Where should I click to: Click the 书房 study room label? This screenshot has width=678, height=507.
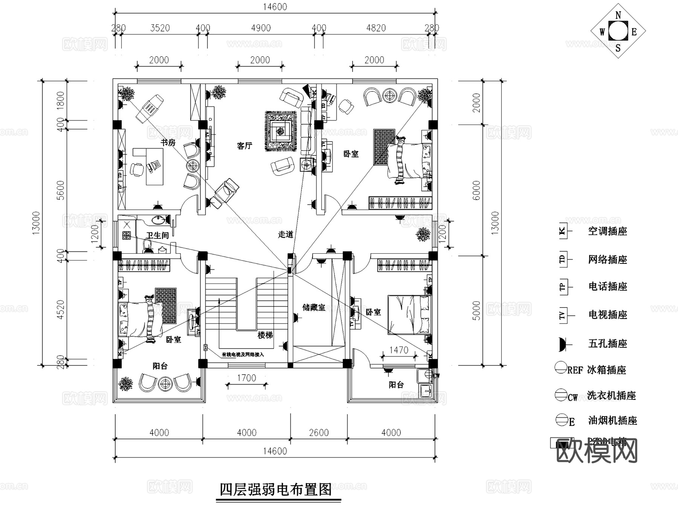[x=168, y=143]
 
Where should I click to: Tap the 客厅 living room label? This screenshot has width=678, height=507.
[x=244, y=146]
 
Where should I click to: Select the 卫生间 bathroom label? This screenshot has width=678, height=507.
[x=157, y=236]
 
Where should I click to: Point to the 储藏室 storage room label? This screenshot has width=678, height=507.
[x=314, y=308]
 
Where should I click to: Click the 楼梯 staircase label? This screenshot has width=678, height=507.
[x=265, y=335]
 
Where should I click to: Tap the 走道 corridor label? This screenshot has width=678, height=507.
[x=286, y=234]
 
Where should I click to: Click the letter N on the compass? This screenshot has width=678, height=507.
[x=618, y=15]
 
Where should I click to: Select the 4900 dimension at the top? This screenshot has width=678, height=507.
[x=261, y=28]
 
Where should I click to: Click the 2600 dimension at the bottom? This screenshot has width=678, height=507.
[x=319, y=433]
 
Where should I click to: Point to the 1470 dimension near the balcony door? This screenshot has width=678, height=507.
[x=399, y=350]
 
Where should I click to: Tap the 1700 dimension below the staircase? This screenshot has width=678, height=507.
[x=246, y=378]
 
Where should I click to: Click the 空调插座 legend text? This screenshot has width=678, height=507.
[x=608, y=231]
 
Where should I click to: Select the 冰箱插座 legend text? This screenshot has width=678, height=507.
[x=606, y=370]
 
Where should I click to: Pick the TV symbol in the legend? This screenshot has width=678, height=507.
[x=563, y=315]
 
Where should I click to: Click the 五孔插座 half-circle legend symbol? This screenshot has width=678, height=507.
[x=562, y=344]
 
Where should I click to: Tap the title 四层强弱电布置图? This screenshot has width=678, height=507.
[x=276, y=490]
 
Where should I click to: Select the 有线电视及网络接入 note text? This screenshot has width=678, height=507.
[x=243, y=355]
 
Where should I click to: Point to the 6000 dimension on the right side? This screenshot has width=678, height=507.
[x=476, y=190]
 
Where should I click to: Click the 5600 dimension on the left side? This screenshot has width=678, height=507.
[x=61, y=190]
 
